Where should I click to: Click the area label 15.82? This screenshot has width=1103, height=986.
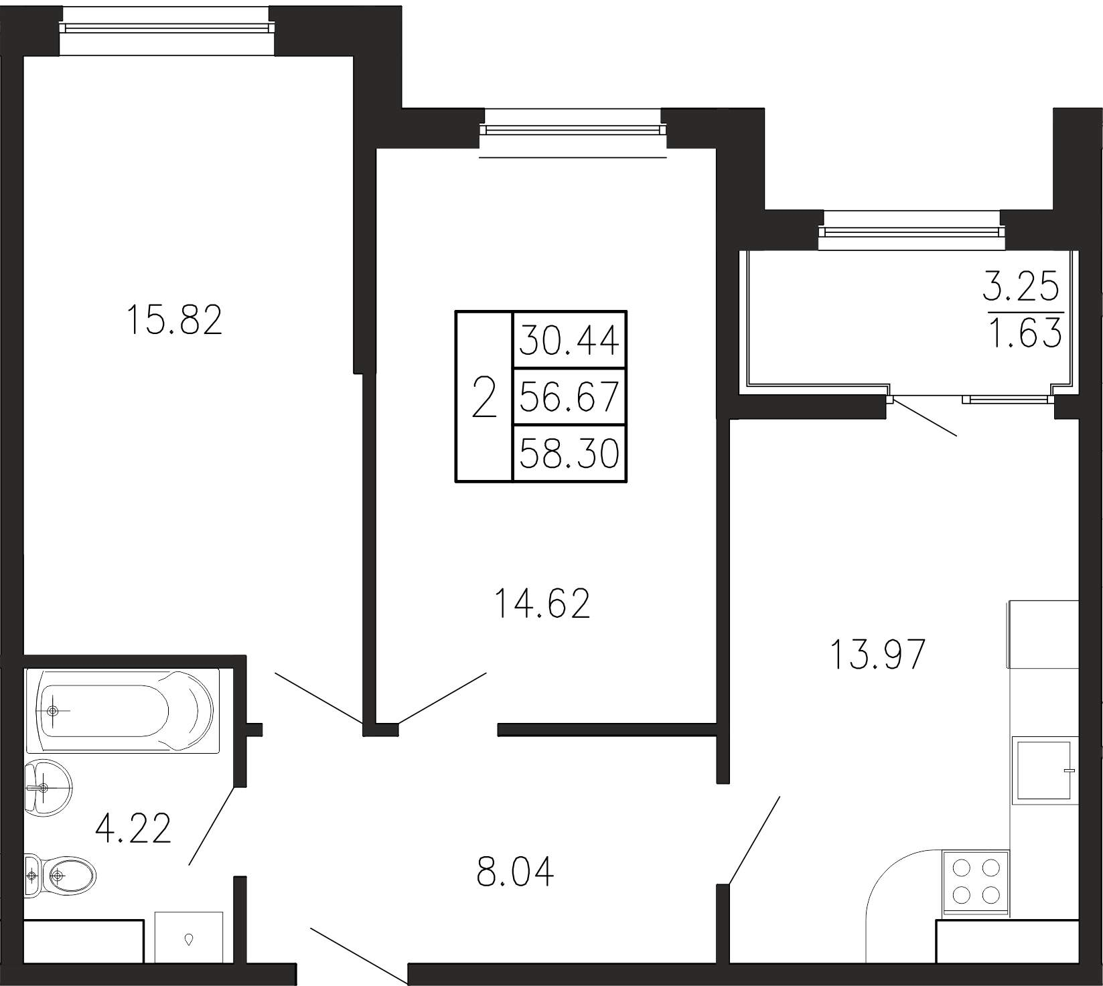tap(173, 320)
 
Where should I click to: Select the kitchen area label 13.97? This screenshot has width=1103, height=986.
tap(877, 654)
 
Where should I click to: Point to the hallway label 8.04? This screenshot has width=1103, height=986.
tap(516, 872)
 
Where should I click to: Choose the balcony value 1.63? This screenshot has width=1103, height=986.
tap(1025, 333)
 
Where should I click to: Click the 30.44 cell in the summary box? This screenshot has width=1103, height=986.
tap(569, 341)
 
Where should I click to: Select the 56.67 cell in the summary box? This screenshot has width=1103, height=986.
tap(569, 397)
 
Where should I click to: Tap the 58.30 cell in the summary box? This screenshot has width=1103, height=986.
tap(569, 453)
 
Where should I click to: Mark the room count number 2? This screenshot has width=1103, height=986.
tap(484, 397)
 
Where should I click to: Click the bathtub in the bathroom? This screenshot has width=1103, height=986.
tap(123, 710)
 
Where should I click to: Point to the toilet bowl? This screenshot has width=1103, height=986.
tap(60, 874)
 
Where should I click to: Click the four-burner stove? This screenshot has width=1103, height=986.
tap(975, 883)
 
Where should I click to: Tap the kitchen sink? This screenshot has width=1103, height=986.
tap(1045, 768)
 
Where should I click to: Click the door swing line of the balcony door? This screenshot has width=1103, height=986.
tap(924, 417)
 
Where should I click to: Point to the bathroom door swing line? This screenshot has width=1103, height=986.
tap(212, 826)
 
